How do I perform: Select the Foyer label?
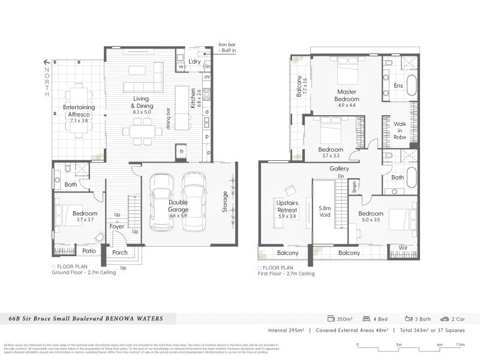(117, 226)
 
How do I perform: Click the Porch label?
(120, 253)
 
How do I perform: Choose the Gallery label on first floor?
(339, 169)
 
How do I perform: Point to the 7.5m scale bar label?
(460, 344)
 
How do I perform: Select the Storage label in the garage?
(225, 202)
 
